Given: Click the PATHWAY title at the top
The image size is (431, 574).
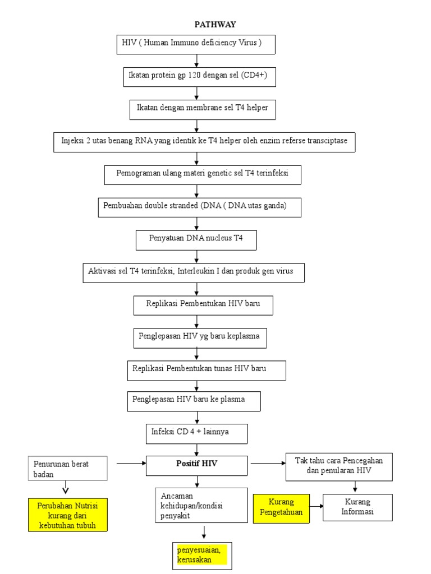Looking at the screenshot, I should [x=215, y=24].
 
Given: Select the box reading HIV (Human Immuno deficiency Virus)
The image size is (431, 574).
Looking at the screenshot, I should [x=196, y=44].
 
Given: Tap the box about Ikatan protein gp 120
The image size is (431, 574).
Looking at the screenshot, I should [x=200, y=77].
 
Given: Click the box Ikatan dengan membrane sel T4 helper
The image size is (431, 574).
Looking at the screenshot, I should [x=203, y=108].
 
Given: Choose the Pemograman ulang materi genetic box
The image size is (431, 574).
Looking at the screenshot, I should [x=203, y=174].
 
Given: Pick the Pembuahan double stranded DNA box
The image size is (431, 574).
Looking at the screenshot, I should [x=200, y=206].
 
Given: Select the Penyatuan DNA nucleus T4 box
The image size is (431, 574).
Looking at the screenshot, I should [x=196, y=239].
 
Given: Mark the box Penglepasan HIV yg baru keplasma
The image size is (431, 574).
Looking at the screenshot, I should [x=200, y=337].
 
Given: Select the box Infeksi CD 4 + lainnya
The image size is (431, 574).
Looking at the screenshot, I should [x=196, y=433].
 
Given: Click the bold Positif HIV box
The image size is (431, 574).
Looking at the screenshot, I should [x=196, y=465].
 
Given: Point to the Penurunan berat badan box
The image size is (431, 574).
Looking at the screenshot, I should [x=67, y=469].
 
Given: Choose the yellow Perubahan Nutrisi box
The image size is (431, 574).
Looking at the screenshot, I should [x=67, y=515].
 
